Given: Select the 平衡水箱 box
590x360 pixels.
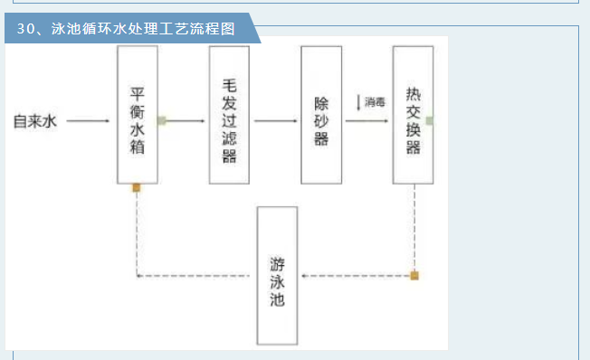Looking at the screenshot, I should click(x=138, y=114).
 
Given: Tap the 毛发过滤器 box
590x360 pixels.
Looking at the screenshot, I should click(x=228, y=114).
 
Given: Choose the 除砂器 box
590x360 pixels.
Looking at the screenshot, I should click(x=320, y=114).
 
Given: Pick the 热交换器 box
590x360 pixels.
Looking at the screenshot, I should click(x=413, y=114).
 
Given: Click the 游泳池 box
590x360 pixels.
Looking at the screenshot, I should click(x=277, y=275).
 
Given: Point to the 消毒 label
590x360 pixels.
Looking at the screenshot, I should click(x=376, y=102).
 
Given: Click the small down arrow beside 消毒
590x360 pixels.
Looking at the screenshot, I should click(x=359, y=102).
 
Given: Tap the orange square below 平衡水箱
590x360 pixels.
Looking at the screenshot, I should click(x=137, y=188).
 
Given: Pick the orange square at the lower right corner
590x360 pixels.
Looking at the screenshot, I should click(x=414, y=275).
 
